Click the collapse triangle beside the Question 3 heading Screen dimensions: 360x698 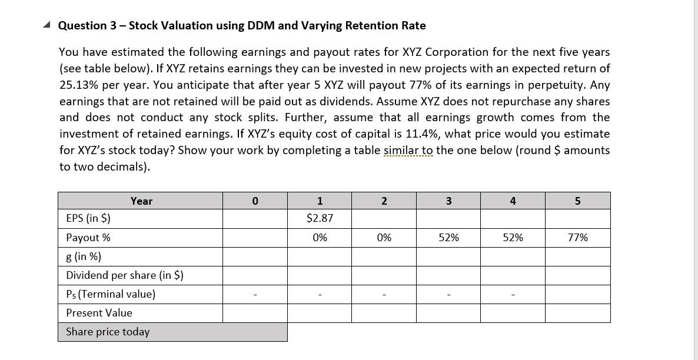click(48, 26)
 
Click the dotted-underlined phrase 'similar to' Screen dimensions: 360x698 click(408, 150)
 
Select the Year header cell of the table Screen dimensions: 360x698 click(141, 201)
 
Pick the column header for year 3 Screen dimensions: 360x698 click(448, 201)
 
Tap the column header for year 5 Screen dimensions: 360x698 click(577, 201)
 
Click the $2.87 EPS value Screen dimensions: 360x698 click(320, 218)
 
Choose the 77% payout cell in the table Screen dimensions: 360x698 click(577, 238)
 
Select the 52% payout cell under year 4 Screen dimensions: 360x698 click(513, 238)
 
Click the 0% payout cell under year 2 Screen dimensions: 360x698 click(384, 238)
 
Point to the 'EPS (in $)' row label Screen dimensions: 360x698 click(88, 219)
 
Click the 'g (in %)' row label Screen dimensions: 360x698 click(84, 256)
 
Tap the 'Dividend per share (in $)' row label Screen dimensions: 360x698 click(125, 275)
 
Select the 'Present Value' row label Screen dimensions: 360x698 click(99, 313)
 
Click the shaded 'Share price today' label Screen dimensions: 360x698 click(108, 332)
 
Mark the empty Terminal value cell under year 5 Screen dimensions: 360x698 click(577, 294)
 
